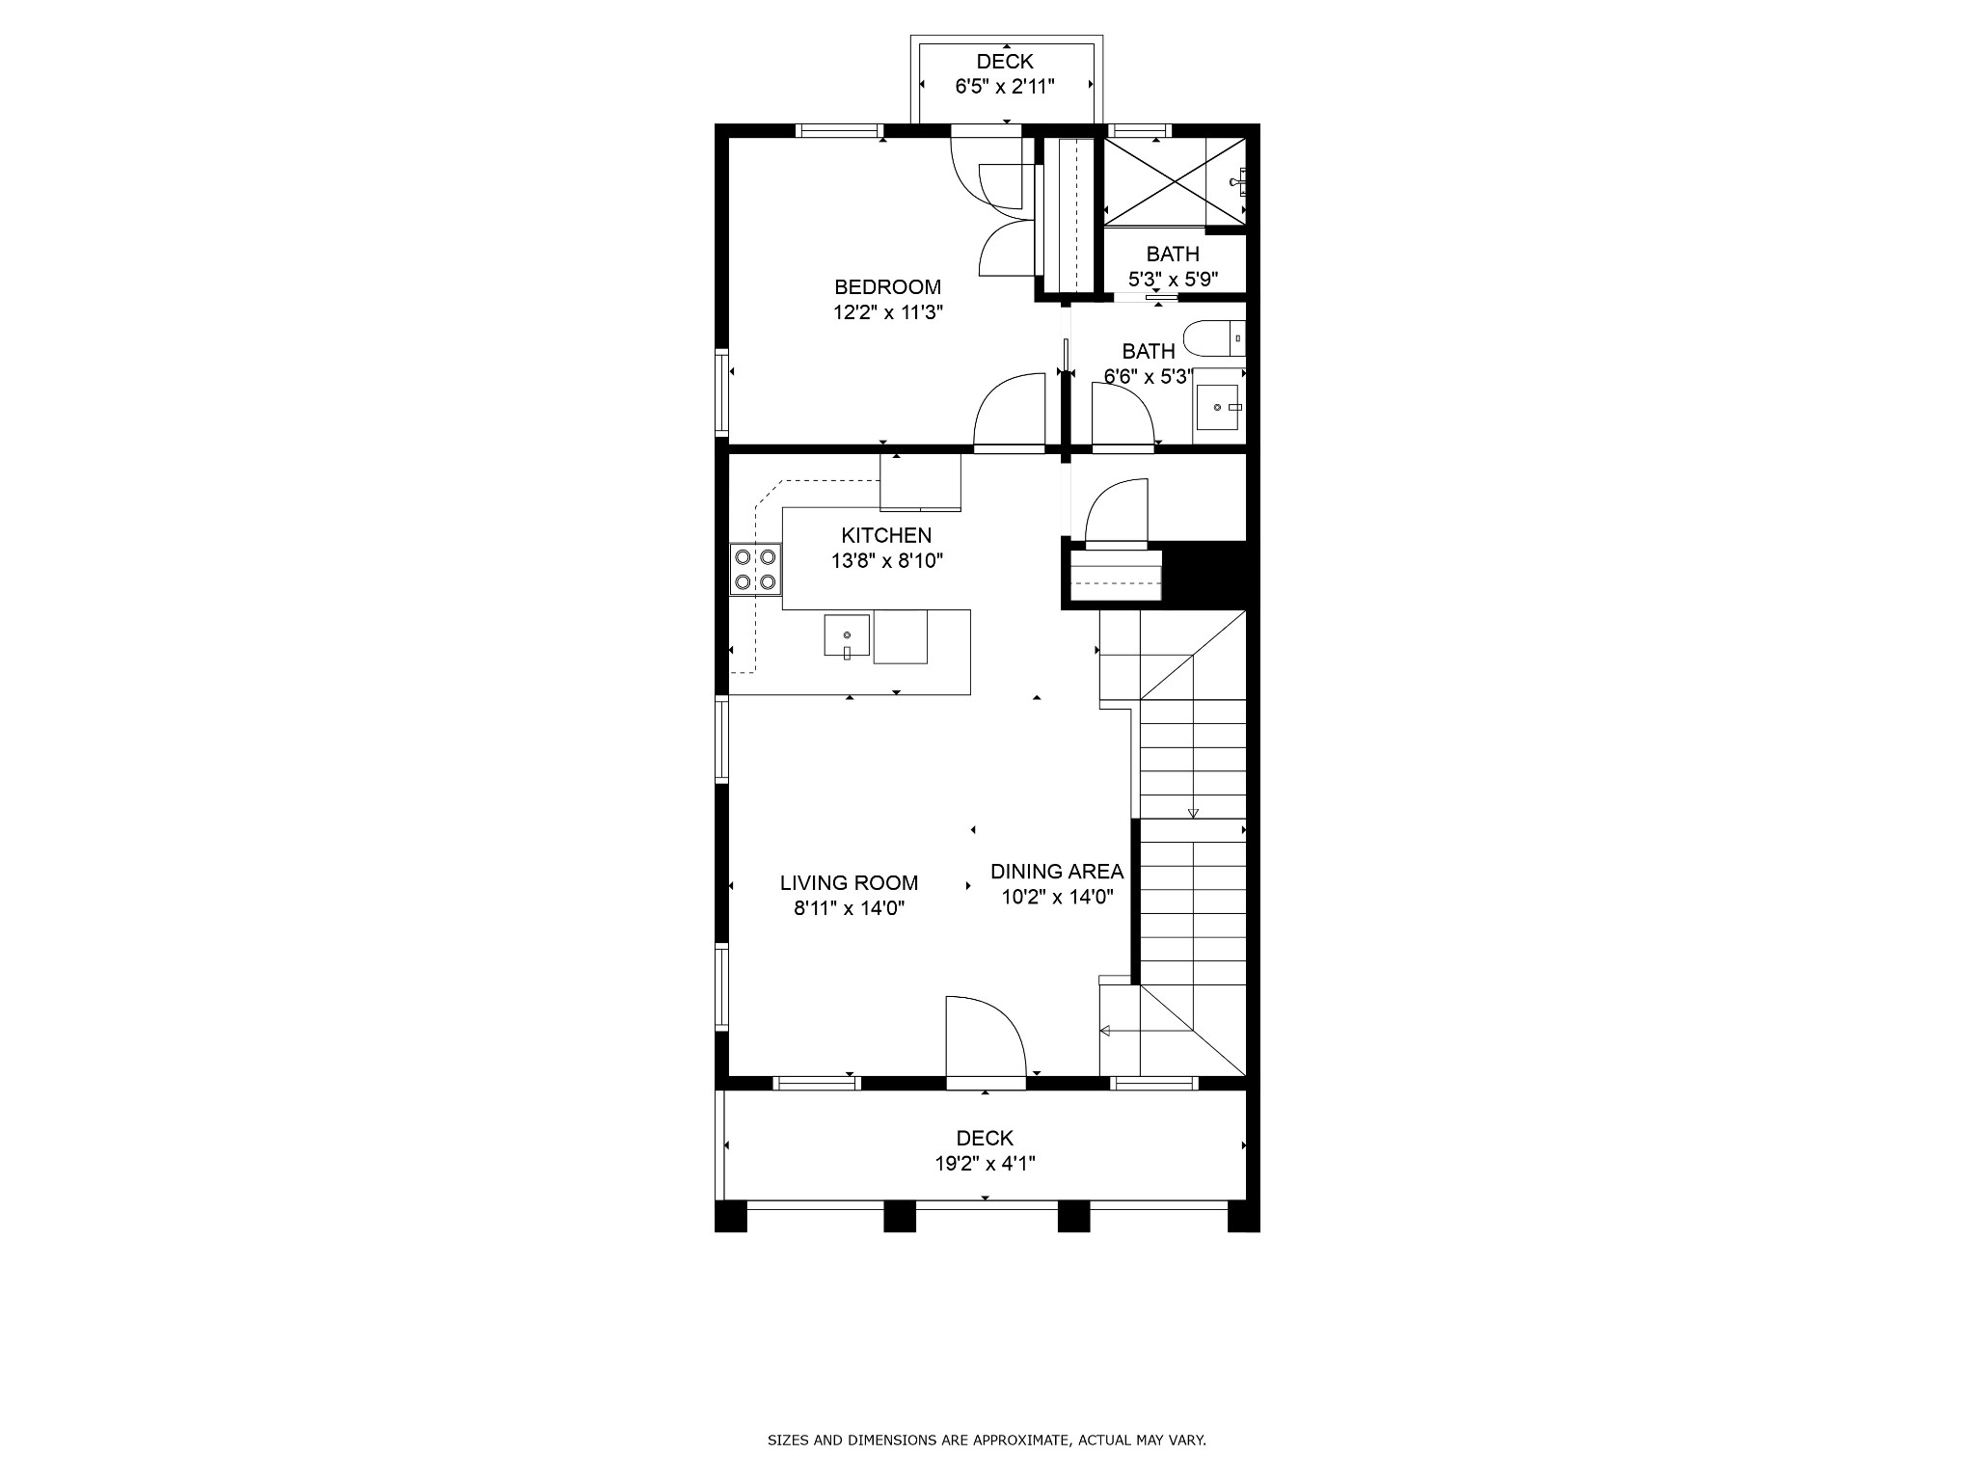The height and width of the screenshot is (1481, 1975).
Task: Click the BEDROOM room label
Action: point(887,286)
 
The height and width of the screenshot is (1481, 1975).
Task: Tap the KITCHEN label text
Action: point(886,535)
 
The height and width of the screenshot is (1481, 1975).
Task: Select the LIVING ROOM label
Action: point(849,882)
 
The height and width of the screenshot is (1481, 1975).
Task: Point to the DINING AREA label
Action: point(1057,872)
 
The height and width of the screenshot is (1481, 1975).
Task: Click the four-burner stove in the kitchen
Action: point(755,569)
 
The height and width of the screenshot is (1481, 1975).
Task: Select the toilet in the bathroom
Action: point(1214,338)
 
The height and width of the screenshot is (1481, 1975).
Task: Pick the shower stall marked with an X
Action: point(1174,181)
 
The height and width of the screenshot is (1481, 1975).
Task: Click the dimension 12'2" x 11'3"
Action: point(887,312)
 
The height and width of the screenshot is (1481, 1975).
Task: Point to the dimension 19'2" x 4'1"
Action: point(985,1164)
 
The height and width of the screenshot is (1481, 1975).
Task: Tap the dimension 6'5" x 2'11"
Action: point(1005,87)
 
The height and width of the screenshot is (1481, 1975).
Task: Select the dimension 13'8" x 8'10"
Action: point(886,560)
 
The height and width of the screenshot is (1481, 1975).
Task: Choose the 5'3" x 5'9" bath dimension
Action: point(1173,280)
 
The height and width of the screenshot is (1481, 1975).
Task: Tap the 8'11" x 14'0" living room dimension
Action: point(849,908)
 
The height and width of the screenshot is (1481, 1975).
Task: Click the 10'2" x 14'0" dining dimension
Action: point(1057,897)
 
